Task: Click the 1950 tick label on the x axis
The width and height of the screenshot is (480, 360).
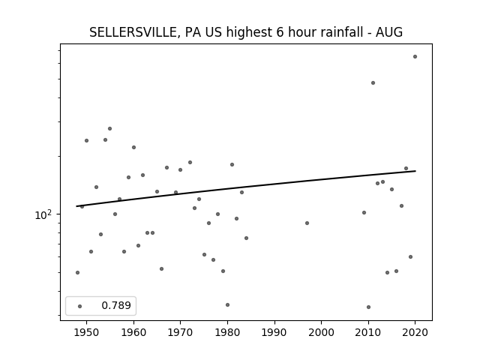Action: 87,332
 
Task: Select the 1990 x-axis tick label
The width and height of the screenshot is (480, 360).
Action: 274,332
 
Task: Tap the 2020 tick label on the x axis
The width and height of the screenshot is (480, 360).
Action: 415,332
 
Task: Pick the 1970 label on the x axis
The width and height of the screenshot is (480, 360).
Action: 180,332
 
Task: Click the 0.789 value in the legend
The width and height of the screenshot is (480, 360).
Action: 116,305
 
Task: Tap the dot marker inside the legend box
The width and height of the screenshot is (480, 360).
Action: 80,306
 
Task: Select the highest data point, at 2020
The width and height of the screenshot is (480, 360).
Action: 415,57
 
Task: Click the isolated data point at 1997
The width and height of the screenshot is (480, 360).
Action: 307,223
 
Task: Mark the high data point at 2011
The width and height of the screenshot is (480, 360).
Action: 373,83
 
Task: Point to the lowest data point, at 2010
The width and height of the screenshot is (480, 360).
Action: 368,307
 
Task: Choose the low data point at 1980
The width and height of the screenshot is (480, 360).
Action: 227,305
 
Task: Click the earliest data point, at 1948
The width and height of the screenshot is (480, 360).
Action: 77,272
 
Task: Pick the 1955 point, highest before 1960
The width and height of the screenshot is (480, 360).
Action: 110,128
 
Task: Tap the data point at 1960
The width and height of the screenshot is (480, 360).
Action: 133,147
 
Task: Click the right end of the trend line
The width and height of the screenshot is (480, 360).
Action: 415,171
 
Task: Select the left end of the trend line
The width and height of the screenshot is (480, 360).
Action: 76,206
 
